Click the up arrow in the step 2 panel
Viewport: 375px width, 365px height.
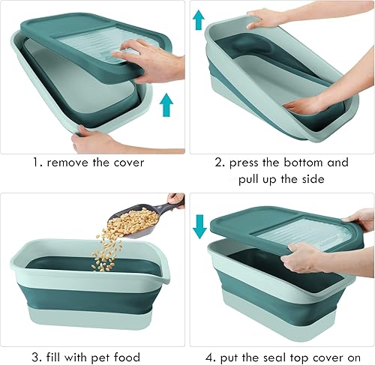click(x=199, y=19)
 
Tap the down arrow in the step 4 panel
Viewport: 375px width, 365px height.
click(x=199, y=226)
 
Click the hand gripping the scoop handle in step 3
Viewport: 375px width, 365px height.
click(x=176, y=200)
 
